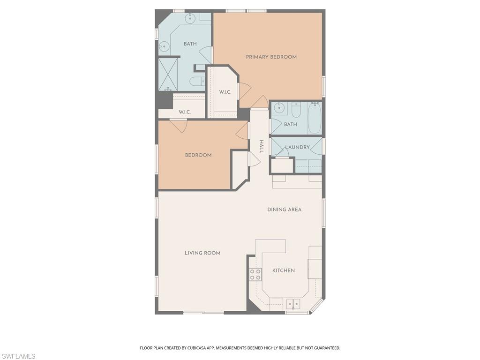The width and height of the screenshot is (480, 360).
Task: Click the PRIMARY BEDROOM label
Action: click(x=271, y=57)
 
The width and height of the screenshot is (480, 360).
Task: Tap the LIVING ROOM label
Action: click(x=202, y=253)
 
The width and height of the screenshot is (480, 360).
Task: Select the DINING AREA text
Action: click(x=285, y=210)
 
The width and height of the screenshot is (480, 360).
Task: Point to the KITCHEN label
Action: click(x=284, y=270)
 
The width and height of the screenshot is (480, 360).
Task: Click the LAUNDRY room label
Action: click(x=298, y=147)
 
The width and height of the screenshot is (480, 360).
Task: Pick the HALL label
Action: click(x=262, y=146)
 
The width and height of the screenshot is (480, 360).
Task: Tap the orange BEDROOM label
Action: click(x=198, y=155)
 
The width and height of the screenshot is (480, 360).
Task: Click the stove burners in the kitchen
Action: click(x=255, y=274)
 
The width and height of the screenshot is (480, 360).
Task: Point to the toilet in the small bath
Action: click(x=296, y=110)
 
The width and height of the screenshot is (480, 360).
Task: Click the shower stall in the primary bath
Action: click(x=168, y=74)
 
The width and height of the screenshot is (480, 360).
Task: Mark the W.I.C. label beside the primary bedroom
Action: click(x=225, y=92)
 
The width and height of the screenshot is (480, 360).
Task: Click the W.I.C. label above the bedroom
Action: click(x=184, y=112)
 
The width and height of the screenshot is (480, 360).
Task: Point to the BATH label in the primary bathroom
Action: click(x=190, y=44)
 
